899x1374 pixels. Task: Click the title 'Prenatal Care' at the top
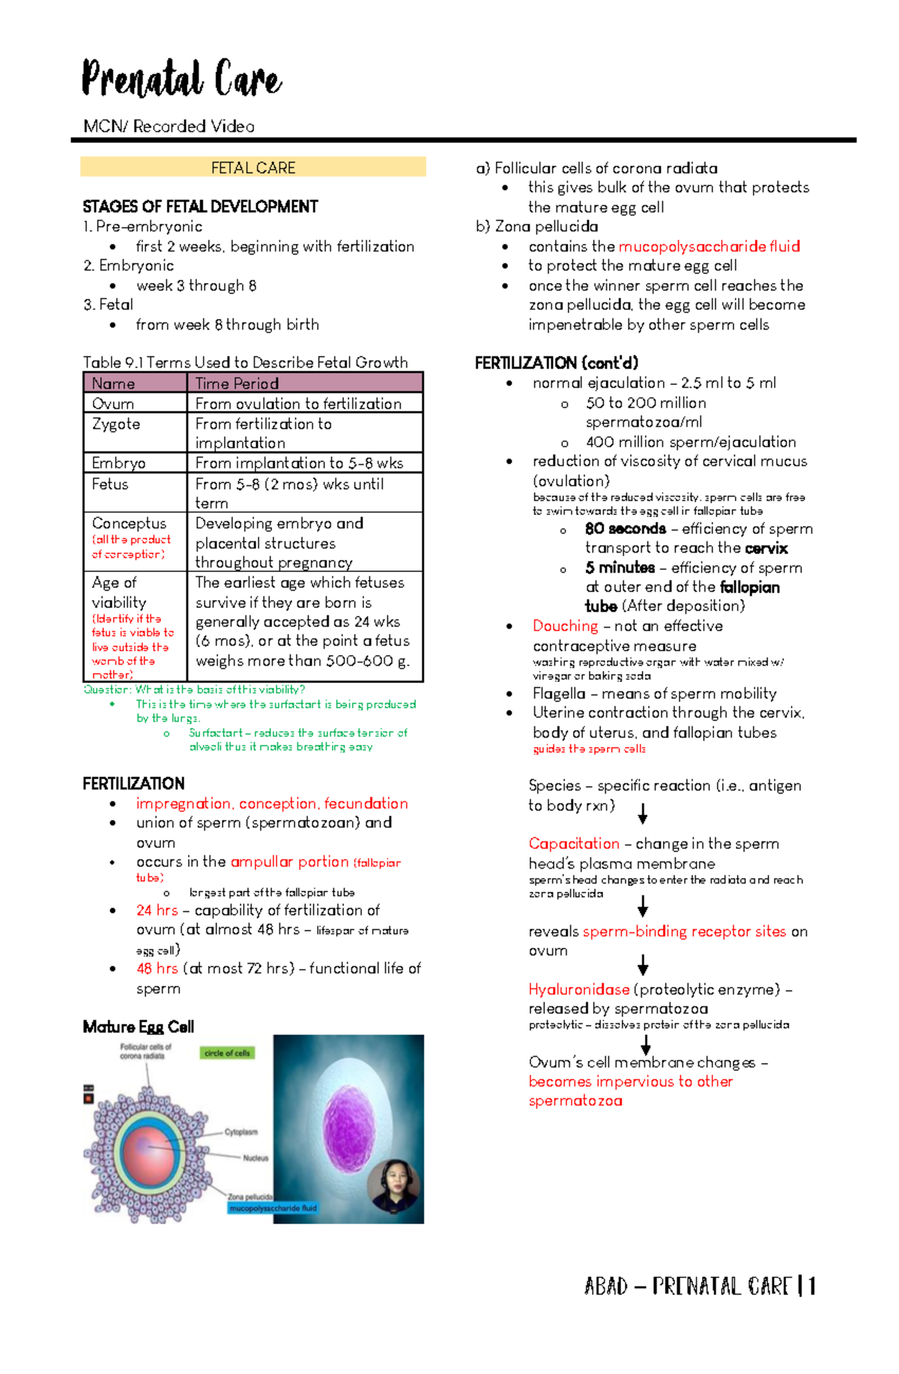click(181, 79)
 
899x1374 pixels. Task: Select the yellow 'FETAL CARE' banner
click(253, 167)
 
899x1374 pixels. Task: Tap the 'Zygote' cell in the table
click(116, 424)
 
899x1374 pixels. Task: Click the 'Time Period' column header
click(237, 383)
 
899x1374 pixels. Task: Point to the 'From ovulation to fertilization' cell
click(298, 404)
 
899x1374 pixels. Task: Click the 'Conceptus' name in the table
click(129, 523)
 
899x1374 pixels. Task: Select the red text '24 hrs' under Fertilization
click(157, 911)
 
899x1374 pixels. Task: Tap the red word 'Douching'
click(565, 626)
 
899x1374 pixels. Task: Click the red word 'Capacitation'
click(574, 844)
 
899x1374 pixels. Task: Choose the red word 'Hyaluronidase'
click(578, 989)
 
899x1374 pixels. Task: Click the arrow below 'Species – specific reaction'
click(642, 814)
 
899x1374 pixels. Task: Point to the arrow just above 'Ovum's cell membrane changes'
click(645, 1045)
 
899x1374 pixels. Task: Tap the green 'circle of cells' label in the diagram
click(227, 1053)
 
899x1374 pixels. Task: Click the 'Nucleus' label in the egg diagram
click(255, 1158)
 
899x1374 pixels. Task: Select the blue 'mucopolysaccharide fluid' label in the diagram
click(273, 1208)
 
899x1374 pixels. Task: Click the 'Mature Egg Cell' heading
click(139, 1027)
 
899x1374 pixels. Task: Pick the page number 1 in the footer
click(811, 1286)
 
